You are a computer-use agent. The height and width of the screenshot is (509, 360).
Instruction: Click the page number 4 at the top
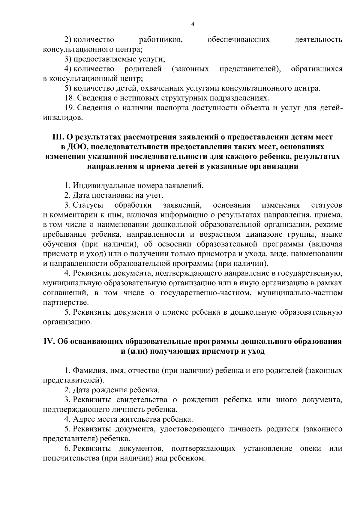[193, 25]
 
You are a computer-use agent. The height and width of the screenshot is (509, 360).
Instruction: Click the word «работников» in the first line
[161, 40]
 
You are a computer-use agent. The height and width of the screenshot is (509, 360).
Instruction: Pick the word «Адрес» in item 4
[82, 419]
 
